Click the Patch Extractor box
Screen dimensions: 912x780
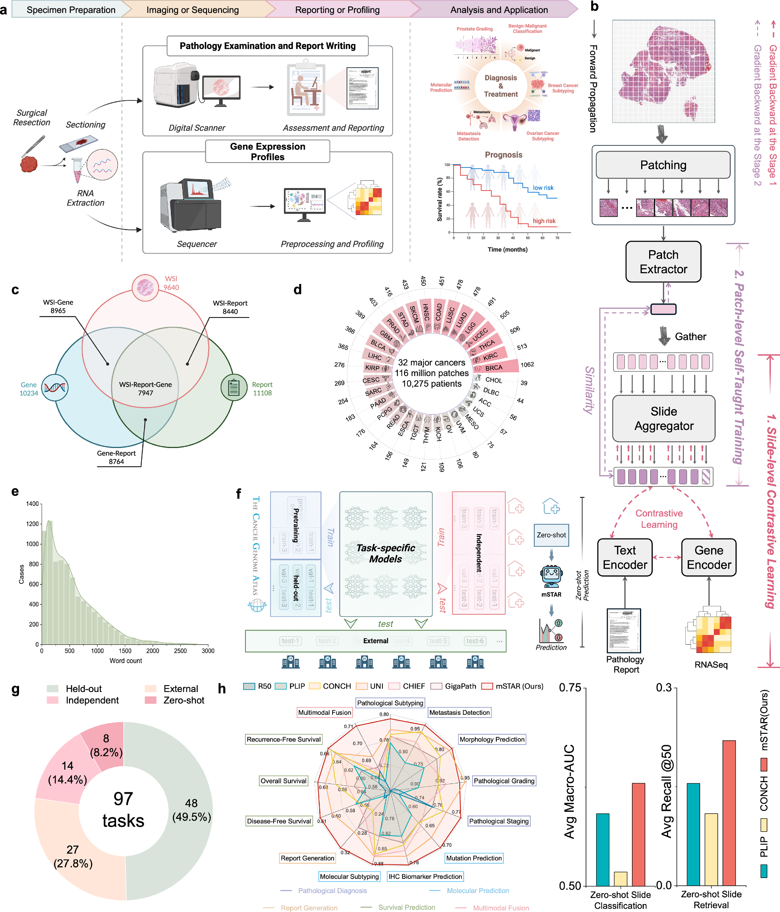[663, 262]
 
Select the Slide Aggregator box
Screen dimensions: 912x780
[664, 418]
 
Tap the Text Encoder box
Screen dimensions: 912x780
[625, 557]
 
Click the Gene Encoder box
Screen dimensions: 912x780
[709, 557]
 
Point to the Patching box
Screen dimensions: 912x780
[663, 165]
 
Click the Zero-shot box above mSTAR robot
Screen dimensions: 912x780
[551, 535]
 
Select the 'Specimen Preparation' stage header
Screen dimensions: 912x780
[71, 10]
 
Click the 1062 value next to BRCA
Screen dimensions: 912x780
[527, 364]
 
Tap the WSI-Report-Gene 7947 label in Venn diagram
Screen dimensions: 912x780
[146, 388]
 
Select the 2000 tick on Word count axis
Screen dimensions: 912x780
[153, 651]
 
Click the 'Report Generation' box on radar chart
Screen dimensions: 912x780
[307, 858]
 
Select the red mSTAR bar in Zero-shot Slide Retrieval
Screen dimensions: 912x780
[729, 813]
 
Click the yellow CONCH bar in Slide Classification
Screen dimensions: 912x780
[620, 878]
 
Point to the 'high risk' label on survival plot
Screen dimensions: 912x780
[544, 221]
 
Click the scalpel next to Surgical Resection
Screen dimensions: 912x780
[34, 146]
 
